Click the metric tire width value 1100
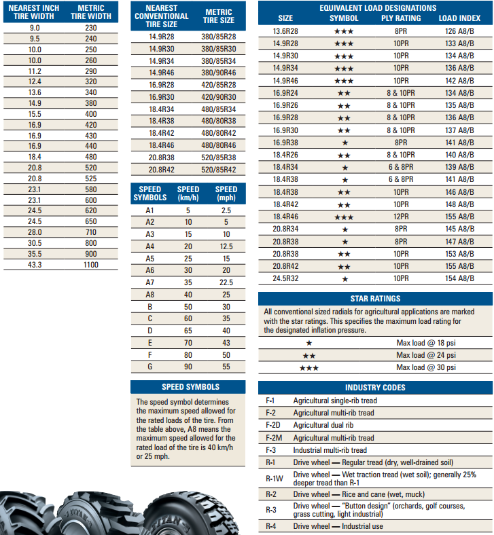pos(91,265)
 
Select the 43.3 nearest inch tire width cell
pos(35,265)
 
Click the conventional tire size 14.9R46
pos(162,71)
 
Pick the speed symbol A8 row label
pos(150,295)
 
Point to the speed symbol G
pos(150,367)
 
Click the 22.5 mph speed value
pos(226,282)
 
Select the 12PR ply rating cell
pos(401,216)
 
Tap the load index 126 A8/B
pos(460,31)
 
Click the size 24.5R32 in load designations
pos(285,278)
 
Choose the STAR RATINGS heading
pos(375,298)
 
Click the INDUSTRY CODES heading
pos(375,388)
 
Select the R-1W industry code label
pos(271,478)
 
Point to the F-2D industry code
pos(271,425)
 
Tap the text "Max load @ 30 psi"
pos(426,367)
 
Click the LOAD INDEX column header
pos(457,18)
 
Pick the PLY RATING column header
pos(401,18)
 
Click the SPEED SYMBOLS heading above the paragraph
pos(190,387)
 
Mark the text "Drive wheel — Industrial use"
pos(339,526)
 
